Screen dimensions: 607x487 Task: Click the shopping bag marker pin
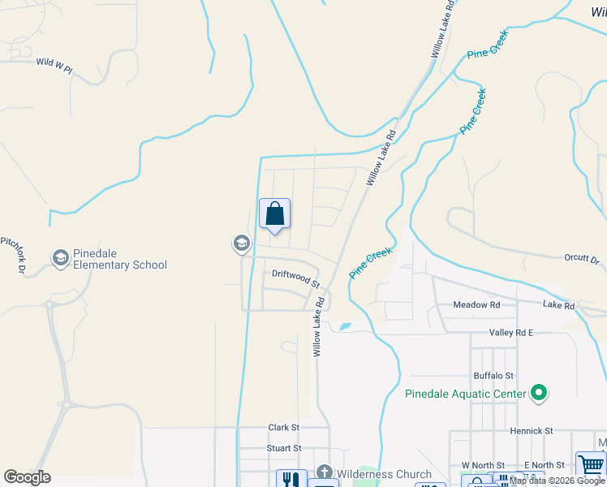click(x=275, y=214)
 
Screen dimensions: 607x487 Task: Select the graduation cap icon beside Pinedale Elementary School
click(x=59, y=258)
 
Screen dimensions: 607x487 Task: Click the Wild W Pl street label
click(x=54, y=62)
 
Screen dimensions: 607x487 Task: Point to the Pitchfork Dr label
click(x=13, y=254)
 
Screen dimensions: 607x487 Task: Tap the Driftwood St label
click(x=296, y=278)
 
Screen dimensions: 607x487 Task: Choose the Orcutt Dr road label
click(x=581, y=259)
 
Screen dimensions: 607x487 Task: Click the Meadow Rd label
click(x=476, y=304)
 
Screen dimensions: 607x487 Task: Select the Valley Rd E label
click(x=511, y=333)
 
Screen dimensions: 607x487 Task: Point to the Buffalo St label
click(x=494, y=376)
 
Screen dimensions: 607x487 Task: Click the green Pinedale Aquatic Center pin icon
click(x=538, y=394)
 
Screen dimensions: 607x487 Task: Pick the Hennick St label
click(x=532, y=431)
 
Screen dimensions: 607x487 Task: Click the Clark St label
click(x=284, y=427)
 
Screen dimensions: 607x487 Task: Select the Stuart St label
click(x=284, y=448)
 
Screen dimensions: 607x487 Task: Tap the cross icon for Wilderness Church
click(x=324, y=473)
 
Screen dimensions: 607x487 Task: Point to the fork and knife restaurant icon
click(x=291, y=479)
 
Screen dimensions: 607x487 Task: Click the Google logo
click(x=28, y=477)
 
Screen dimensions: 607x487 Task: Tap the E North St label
click(x=544, y=465)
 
